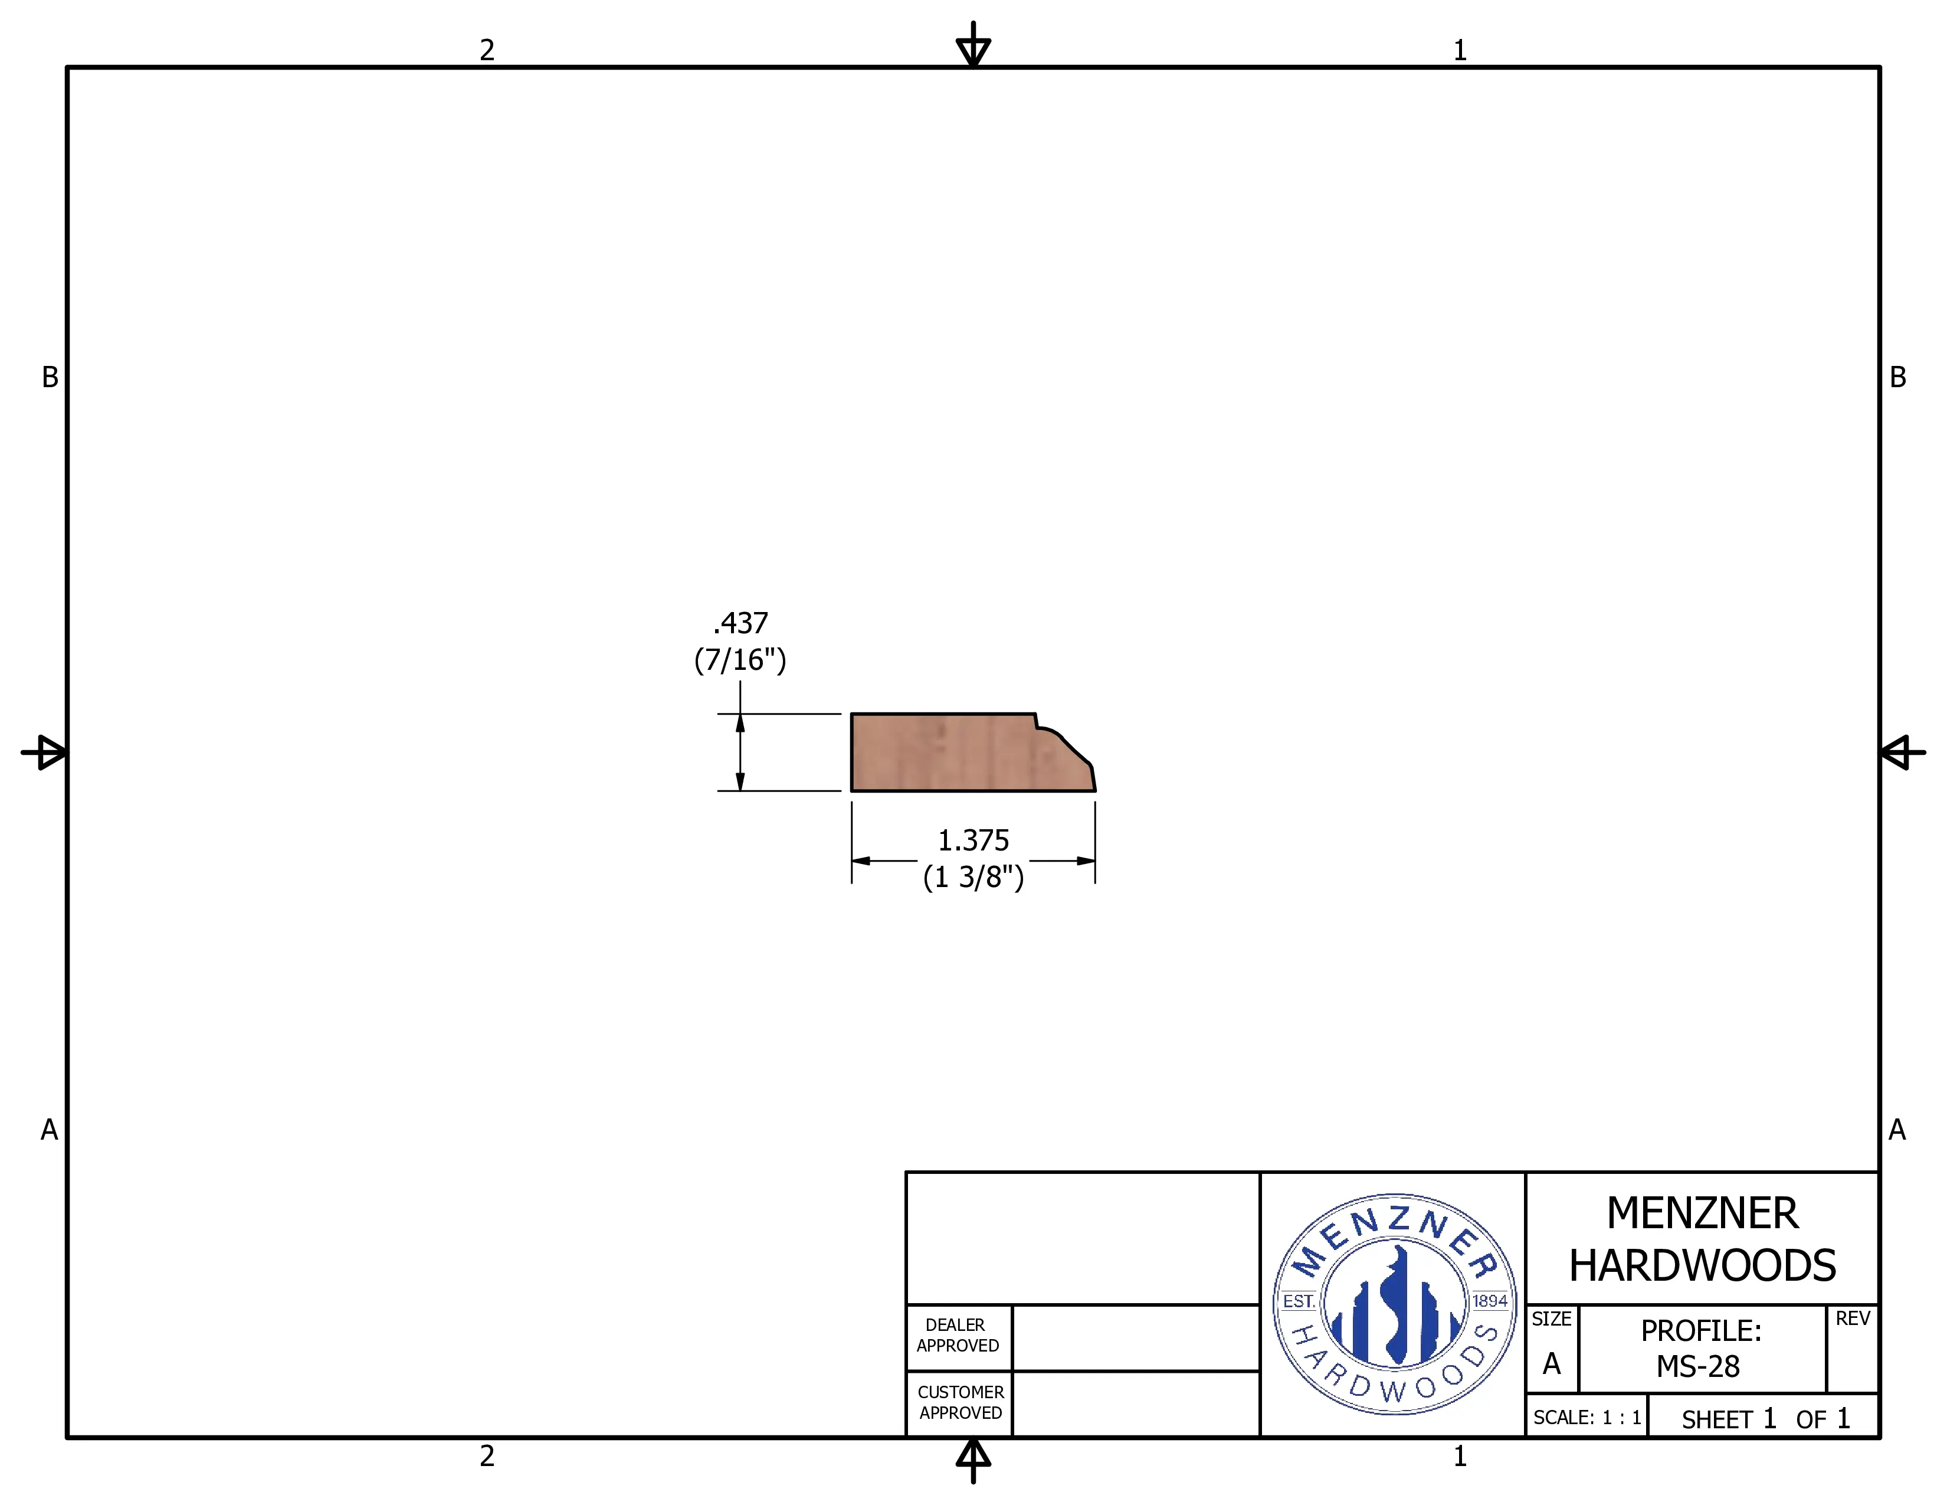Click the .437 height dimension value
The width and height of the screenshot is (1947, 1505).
740,622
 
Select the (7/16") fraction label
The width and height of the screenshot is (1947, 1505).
740,660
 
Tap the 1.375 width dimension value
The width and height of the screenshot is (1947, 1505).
973,840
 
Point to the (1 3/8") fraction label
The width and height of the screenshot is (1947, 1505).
973,877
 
